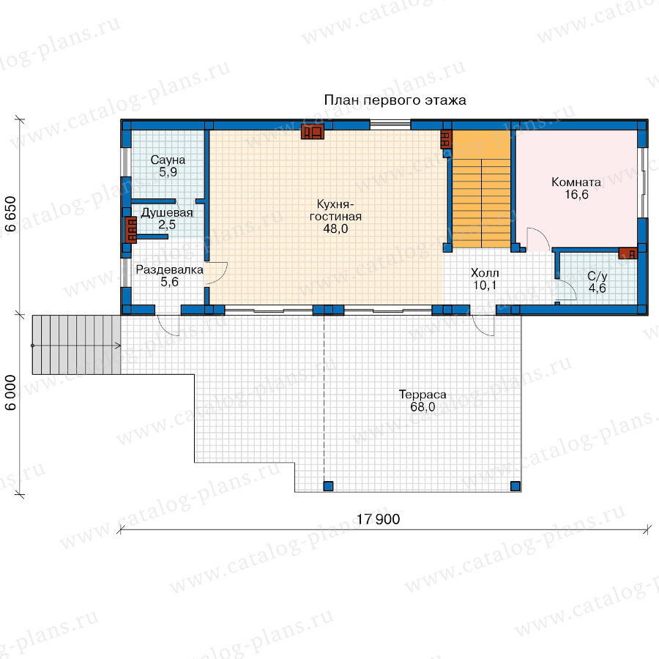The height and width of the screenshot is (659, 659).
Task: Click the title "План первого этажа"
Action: (395, 100)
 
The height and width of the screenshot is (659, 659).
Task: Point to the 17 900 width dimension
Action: (379, 519)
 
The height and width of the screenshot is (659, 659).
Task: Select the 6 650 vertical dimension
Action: (10, 214)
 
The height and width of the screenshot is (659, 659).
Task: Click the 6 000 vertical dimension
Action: (10, 392)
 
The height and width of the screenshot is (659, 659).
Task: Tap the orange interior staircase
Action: (481, 189)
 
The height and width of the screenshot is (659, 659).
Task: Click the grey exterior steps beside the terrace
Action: (76, 345)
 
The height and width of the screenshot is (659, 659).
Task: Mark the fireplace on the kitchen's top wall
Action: (312, 132)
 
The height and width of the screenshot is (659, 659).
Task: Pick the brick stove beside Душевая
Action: (131, 230)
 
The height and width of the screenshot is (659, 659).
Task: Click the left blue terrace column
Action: (328, 486)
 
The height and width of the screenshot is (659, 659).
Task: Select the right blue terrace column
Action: (515, 486)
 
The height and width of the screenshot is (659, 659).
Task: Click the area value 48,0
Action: (335, 228)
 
